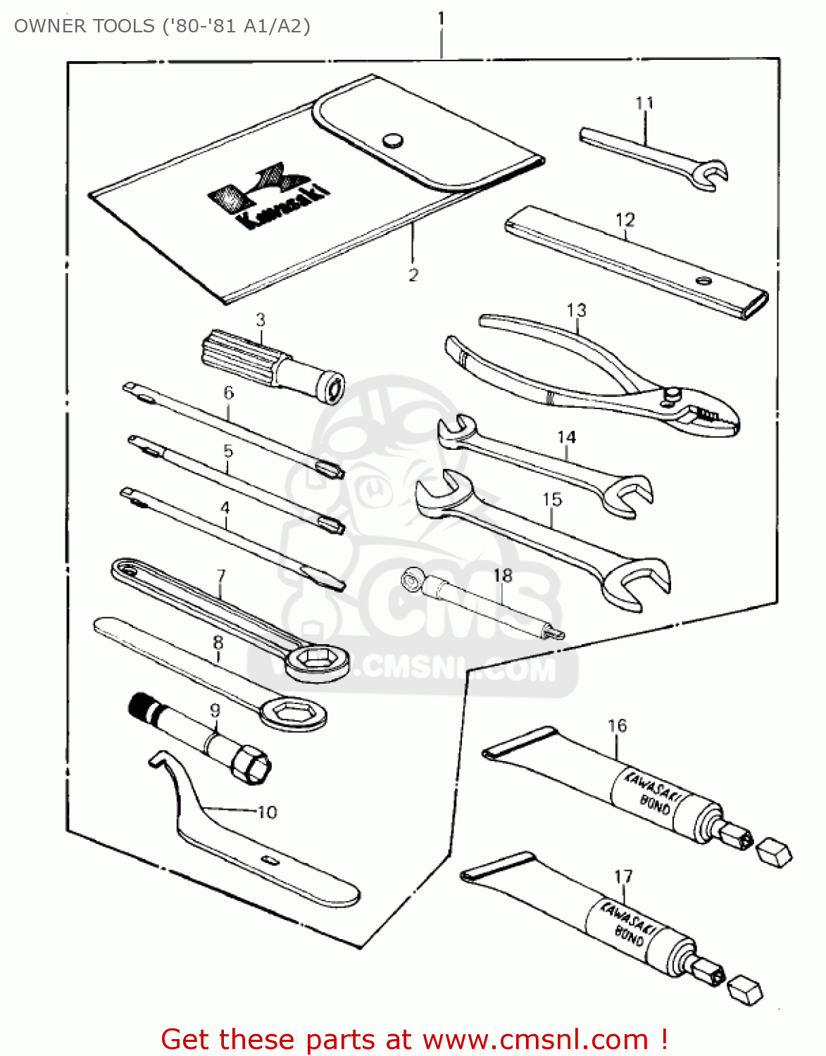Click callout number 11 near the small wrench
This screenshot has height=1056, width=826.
[x=644, y=103]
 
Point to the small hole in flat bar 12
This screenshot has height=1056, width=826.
[x=702, y=279]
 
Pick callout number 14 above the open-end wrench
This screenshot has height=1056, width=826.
[x=566, y=437]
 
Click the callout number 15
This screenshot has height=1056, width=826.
[x=552, y=499]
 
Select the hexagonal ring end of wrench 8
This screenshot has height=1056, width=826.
[x=290, y=712]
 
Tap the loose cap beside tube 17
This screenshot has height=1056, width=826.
[x=745, y=990]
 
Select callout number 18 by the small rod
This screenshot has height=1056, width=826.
[x=502, y=575]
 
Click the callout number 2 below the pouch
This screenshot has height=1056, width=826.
[x=413, y=275]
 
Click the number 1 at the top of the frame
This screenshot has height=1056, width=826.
[x=441, y=18]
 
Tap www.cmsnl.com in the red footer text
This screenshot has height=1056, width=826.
[x=534, y=1039]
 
